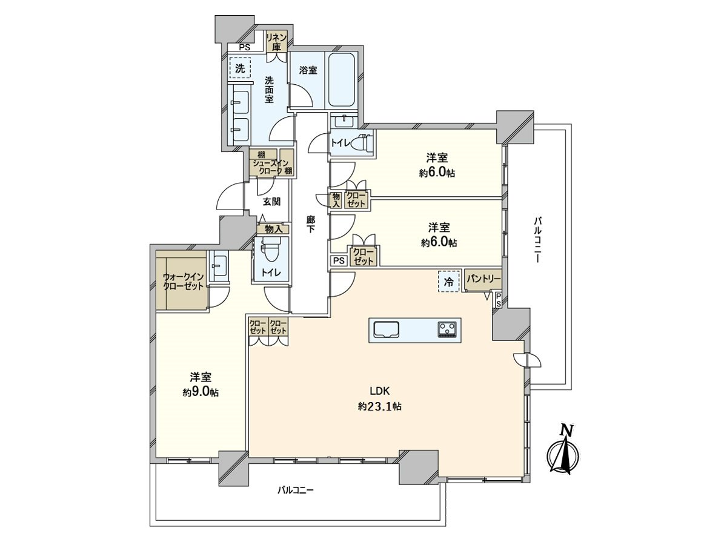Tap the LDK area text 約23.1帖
pyautogui.click(x=380, y=406)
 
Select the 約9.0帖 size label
pyautogui.click(x=201, y=392)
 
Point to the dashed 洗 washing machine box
pyautogui.click(x=241, y=69)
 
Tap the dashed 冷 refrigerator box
pyautogui.click(x=449, y=282)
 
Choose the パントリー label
pyautogui.click(x=483, y=279)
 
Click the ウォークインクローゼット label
pyautogui.click(x=182, y=282)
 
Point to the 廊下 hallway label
pyautogui.click(x=310, y=225)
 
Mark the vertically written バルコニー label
pyautogui.click(x=537, y=239)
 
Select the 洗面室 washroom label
pyautogui.click(x=269, y=89)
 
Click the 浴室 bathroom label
pyautogui.click(x=308, y=70)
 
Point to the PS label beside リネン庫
pyautogui.click(x=244, y=48)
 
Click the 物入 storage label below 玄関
pyautogui.click(x=273, y=229)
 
